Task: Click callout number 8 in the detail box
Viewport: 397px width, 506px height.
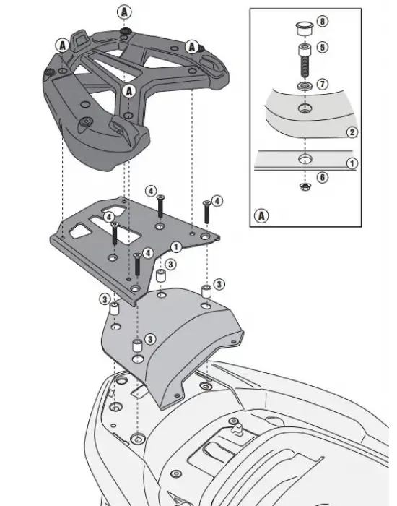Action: [322, 22]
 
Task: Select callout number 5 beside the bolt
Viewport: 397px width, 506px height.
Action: [322, 48]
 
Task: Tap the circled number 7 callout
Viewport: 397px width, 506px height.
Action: [322, 85]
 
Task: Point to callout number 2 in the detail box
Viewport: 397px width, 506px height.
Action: [352, 132]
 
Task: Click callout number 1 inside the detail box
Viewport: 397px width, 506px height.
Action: [352, 164]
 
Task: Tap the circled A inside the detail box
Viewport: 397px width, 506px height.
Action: [261, 215]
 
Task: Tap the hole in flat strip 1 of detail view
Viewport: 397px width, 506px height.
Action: [303, 157]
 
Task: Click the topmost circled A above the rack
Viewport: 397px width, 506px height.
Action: [125, 12]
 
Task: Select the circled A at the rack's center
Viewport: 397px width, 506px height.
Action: [129, 90]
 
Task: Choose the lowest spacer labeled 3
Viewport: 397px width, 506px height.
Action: [135, 348]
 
